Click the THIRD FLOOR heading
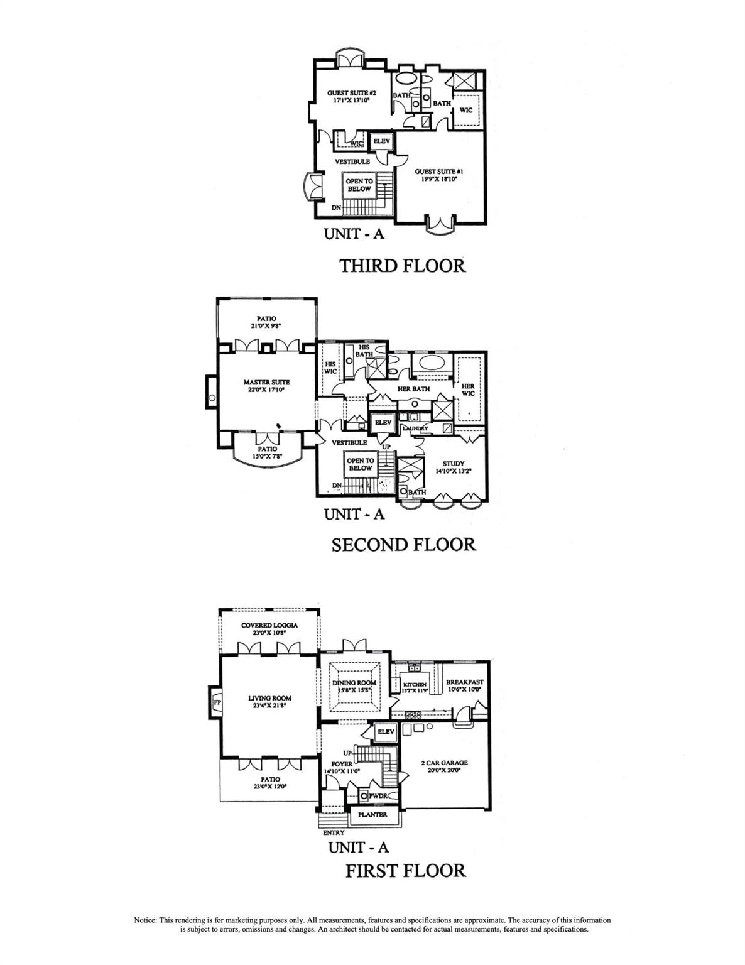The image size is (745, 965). click(403, 266)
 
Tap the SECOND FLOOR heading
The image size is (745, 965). click(403, 544)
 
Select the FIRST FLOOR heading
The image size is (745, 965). click(406, 871)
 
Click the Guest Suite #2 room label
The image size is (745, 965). click(347, 96)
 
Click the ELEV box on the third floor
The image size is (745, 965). click(382, 141)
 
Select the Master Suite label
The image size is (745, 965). click(267, 385)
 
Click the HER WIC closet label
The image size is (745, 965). click(467, 390)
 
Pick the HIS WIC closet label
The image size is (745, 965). click(330, 368)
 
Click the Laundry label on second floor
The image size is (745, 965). click(415, 428)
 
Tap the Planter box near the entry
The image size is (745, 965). click(372, 814)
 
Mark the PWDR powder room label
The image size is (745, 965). click(377, 795)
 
